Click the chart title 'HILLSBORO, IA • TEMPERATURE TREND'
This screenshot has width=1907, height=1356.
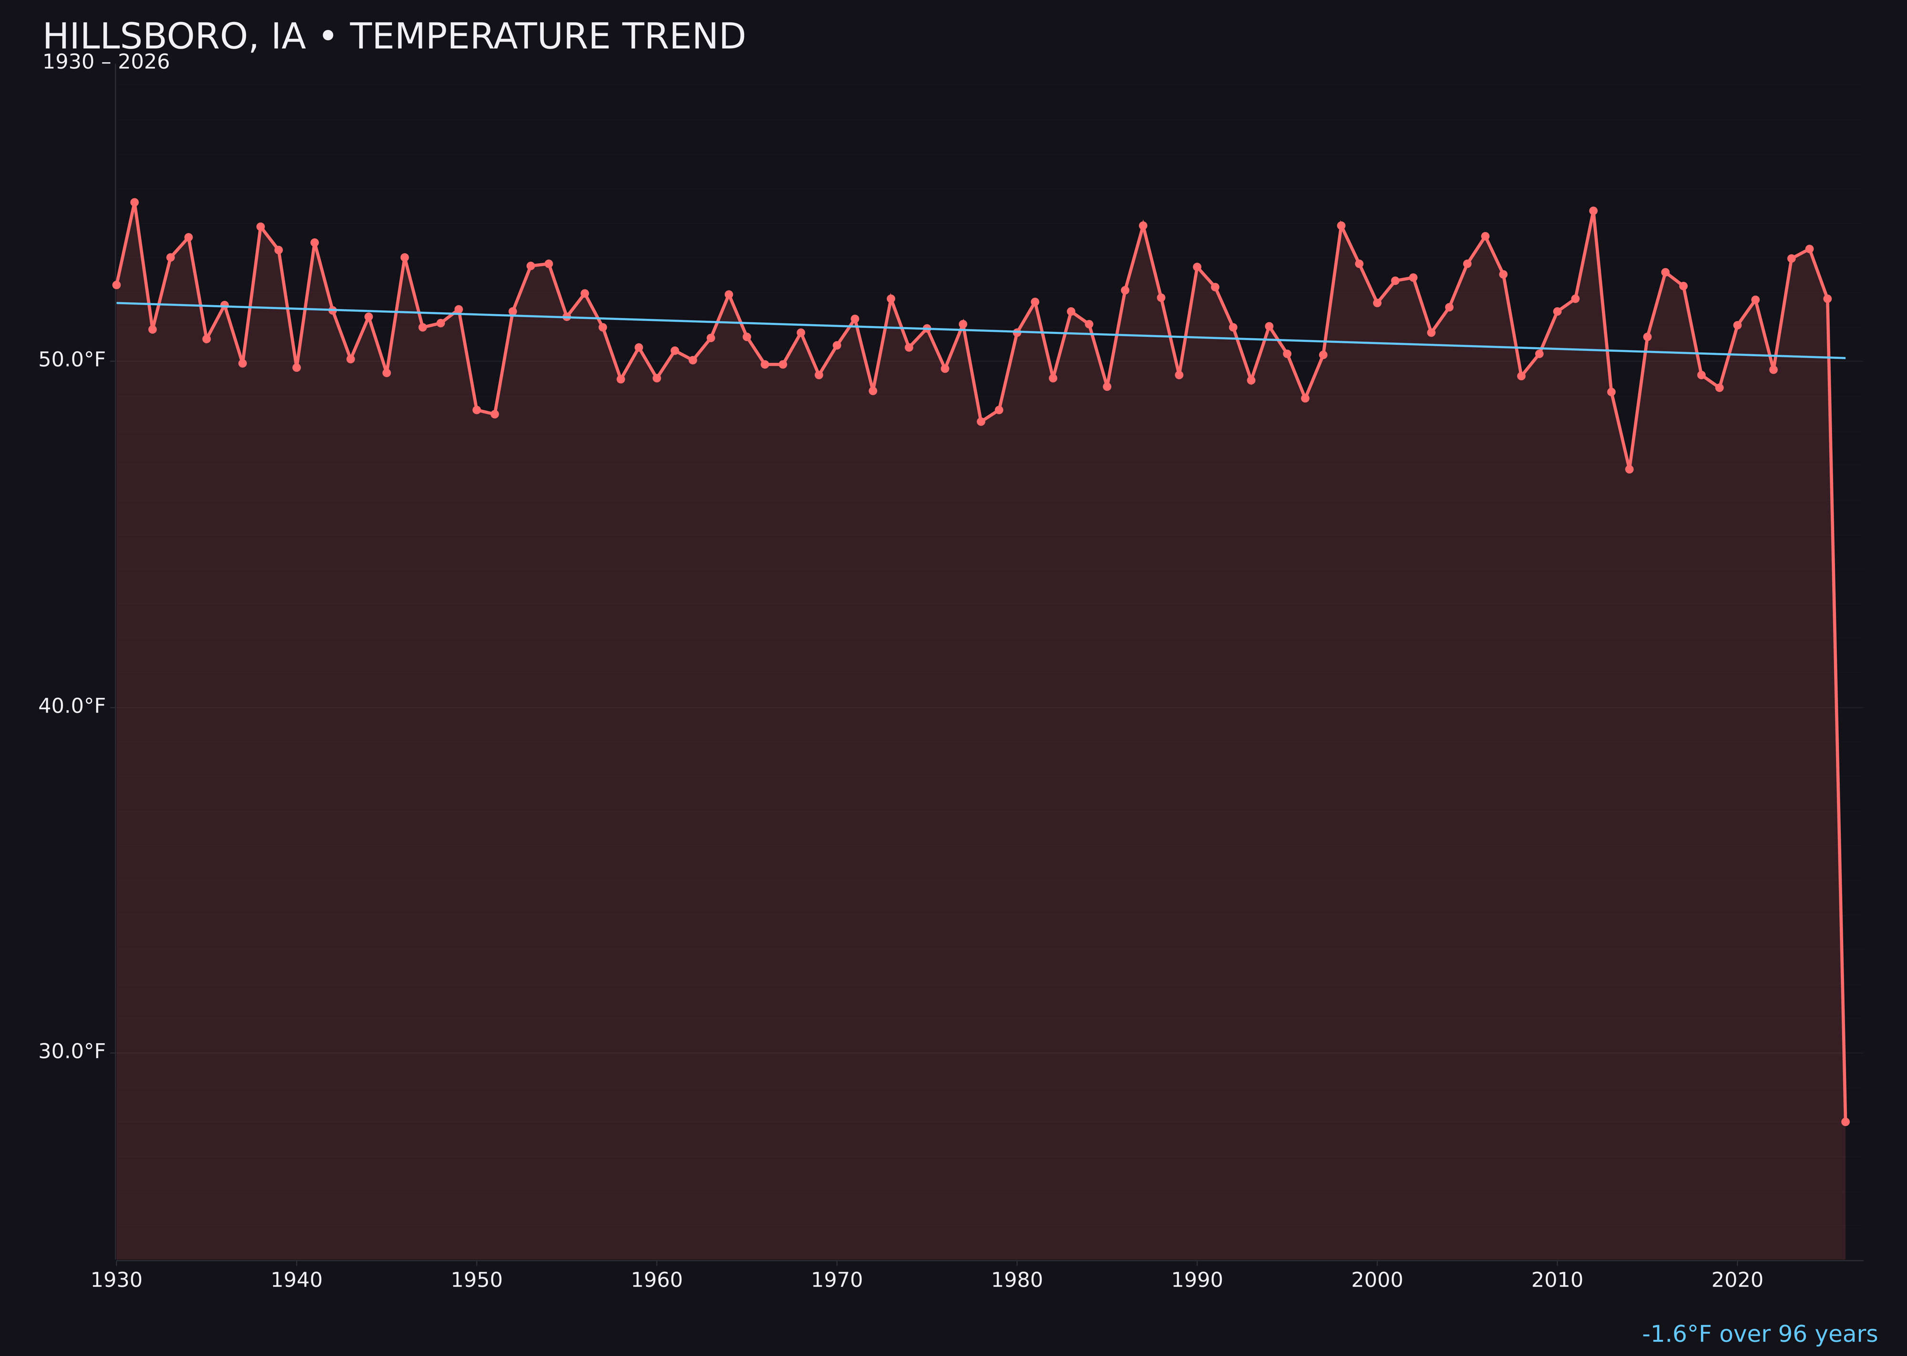(x=393, y=37)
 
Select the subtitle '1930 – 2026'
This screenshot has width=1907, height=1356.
(x=106, y=62)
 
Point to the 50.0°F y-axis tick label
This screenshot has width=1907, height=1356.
(x=72, y=360)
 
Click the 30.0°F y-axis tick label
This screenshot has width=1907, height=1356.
(x=72, y=1051)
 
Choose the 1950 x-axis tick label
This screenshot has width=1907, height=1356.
(x=477, y=1280)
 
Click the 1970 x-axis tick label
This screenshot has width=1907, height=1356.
(x=837, y=1280)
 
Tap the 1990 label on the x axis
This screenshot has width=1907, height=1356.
(x=1197, y=1280)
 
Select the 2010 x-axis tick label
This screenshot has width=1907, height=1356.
(x=1557, y=1280)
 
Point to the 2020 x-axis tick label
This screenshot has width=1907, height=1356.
(x=1737, y=1280)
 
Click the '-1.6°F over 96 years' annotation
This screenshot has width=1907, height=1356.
(x=1759, y=1334)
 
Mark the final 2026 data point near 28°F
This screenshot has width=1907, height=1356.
(x=1845, y=1121)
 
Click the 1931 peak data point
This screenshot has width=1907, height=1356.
(x=134, y=202)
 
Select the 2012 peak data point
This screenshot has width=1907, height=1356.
(x=1593, y=211)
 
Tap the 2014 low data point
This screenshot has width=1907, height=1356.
(x=1629, y=469)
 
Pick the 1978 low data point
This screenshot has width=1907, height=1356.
(x=981, y=421)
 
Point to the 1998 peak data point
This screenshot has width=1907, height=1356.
(x=1341, y=226)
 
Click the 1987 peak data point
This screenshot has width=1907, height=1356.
(x=1143, y=226)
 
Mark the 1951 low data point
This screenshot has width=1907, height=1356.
(x=494, y=414)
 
